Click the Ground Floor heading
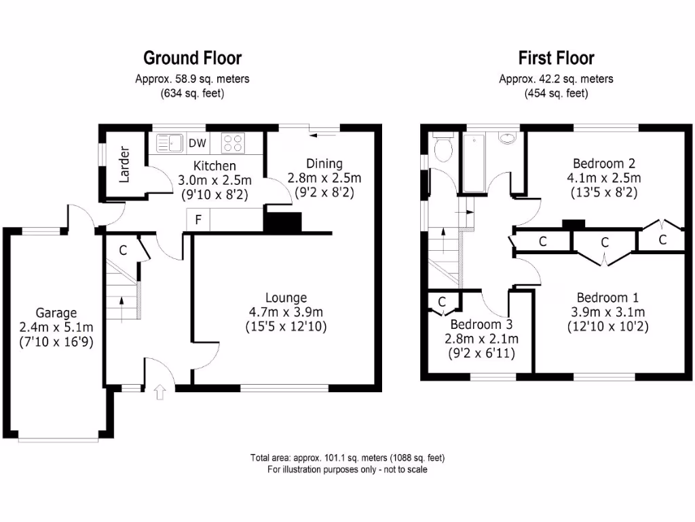pos(192,58)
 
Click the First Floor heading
pos(556,58)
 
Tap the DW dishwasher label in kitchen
pos(198,143)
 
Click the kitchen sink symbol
pos(170,143)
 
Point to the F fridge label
pos(198,220)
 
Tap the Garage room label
pos(56,313)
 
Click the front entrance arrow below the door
pos(160,392)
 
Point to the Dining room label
pos(324,163)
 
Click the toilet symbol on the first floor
pos(443,147)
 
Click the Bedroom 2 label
pos(603,163)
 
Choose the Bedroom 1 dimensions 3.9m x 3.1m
pos(607,312)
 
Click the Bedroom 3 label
pos(481,324)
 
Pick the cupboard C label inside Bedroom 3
pos(441,301)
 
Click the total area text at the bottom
pos(347,457)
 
